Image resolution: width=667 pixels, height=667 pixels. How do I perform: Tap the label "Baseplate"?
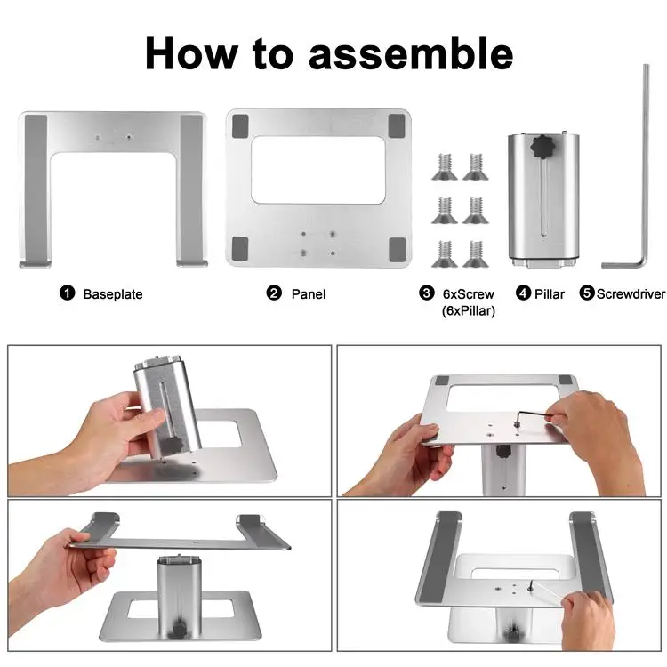click(x=113, y=293)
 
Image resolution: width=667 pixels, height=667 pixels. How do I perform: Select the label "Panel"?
click(x=309, y=293)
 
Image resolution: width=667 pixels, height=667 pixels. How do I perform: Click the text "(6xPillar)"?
click(x=468, y=310)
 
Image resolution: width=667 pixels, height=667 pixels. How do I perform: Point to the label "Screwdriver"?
click(x=631, y=293)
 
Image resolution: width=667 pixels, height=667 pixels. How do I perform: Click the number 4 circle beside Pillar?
click(x=523, y=293)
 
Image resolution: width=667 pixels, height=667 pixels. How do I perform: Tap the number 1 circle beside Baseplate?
click(x=67, y=293)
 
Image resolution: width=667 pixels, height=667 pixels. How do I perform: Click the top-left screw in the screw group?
click(x=445, y=162)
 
